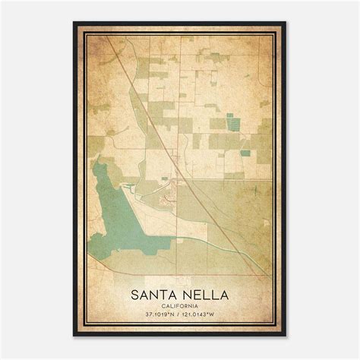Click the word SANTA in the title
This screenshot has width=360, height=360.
[155, 293]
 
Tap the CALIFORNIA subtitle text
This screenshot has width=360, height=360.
[180, 305]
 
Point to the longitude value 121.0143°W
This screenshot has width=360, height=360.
[203, 315]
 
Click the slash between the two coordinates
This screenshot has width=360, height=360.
[180, 315]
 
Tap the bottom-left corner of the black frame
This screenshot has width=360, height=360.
[74, 335]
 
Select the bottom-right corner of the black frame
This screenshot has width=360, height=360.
[286, 335]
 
